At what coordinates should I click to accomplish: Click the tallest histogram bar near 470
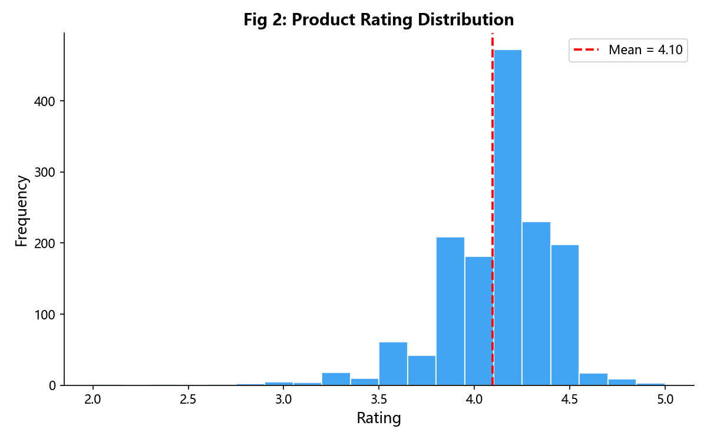507,217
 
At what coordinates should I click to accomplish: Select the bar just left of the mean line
479,321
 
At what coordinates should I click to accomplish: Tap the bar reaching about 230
536,304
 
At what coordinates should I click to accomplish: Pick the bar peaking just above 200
450,311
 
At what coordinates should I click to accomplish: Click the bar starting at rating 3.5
394,364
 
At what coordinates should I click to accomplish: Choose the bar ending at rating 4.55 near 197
565,315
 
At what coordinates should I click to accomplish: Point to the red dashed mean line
493,209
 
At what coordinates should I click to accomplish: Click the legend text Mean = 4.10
646,50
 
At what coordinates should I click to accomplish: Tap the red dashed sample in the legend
586,50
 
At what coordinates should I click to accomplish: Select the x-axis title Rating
379,418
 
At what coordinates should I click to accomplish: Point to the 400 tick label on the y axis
45,101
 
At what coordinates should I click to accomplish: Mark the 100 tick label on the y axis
45,315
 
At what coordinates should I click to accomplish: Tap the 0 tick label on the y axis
52,386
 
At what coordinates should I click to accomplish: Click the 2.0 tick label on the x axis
92,400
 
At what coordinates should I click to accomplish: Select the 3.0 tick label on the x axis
283,400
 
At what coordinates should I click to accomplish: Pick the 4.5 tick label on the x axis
569,400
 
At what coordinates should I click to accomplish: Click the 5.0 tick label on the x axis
665,400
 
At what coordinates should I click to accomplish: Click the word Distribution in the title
466,19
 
